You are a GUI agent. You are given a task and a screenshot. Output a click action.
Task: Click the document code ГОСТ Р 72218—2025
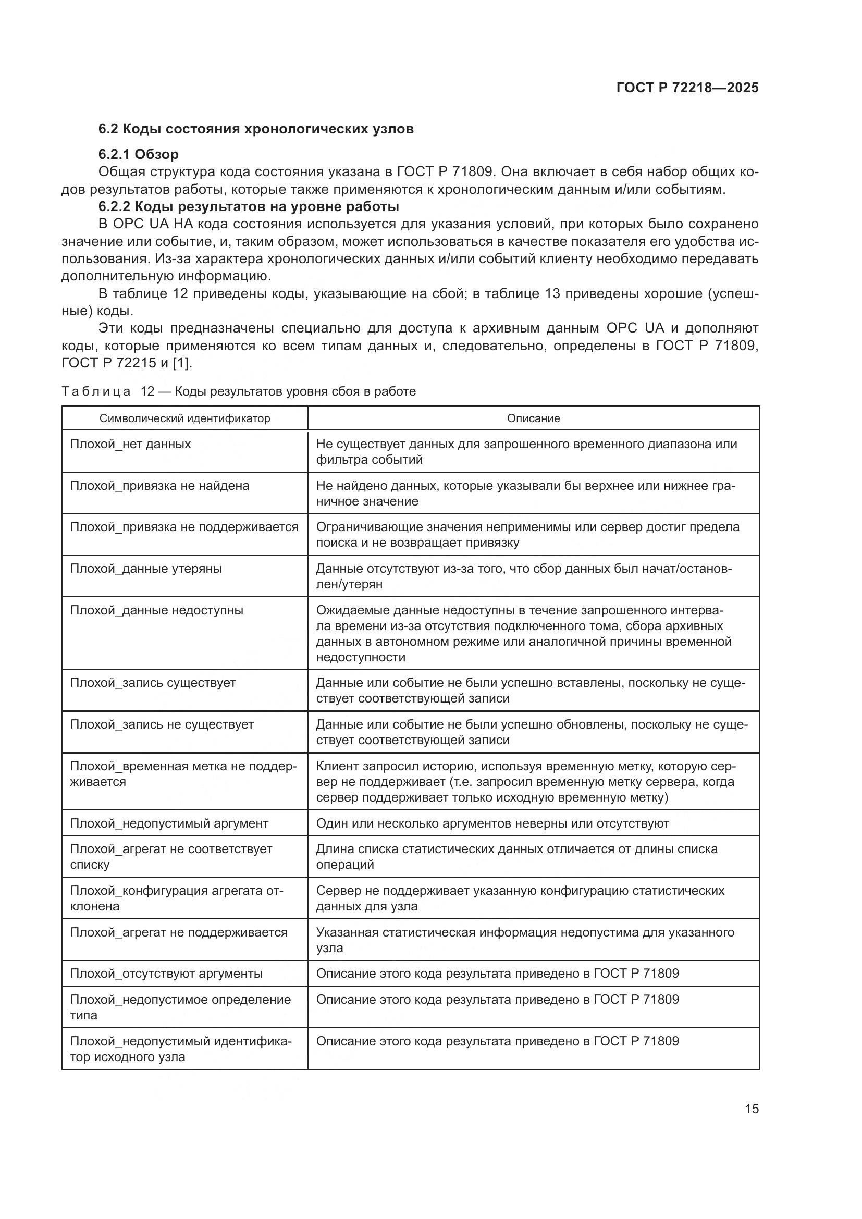point(687,88)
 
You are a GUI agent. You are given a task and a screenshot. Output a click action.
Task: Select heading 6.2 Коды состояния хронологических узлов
point(256,129)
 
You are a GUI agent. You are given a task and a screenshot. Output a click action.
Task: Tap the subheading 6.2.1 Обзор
point(139,154)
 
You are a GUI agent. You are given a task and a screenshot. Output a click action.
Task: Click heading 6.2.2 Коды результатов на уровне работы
point(249,206)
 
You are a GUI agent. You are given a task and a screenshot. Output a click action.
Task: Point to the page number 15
point(752,1109)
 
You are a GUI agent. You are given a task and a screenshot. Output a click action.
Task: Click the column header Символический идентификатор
point(184,418)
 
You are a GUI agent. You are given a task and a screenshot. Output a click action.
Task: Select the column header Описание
point(533,418)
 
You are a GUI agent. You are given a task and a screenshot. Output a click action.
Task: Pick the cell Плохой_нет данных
point(131,444)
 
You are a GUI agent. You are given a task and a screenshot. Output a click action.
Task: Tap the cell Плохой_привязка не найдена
point(160,486)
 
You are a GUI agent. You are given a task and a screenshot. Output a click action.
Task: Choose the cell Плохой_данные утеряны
point(146,569)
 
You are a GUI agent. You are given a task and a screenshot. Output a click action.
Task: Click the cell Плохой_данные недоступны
point(156,611)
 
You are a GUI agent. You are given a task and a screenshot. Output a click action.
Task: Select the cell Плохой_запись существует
point(153,683)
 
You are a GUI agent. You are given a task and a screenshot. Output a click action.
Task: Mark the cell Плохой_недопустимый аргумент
point(169,823)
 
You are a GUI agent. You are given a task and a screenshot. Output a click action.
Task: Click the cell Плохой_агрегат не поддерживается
point(179,932)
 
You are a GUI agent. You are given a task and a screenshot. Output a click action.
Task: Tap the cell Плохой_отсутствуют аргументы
point(167,974)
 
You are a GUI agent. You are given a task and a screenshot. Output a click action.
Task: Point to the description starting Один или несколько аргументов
point(492,823)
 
